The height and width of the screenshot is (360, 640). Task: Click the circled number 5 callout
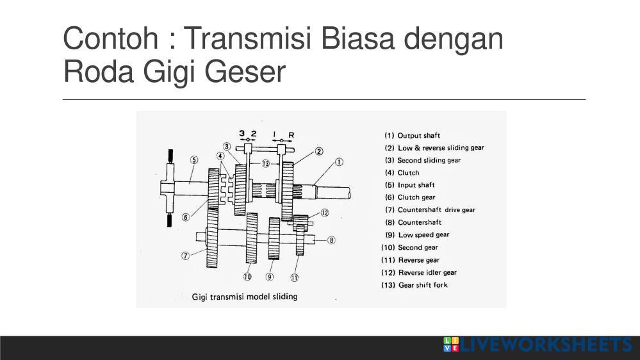coord(194,160)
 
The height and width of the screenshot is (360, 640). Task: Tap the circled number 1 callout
coord(339,162)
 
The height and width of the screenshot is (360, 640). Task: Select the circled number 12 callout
coord(325,213)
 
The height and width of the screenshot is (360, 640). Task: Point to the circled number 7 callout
coord(185,256)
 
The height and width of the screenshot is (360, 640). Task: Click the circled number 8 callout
coord(331,240)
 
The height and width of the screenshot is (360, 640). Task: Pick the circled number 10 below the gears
coord(247,277)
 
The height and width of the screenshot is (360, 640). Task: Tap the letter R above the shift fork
coord(291,135)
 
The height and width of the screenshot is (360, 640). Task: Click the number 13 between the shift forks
coord(265,164)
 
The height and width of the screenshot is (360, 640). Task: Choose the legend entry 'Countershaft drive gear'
coord(436,210)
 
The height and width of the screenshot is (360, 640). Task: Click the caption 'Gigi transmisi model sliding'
coord(245,297)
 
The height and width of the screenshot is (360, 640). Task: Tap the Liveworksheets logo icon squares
coord(450,344)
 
